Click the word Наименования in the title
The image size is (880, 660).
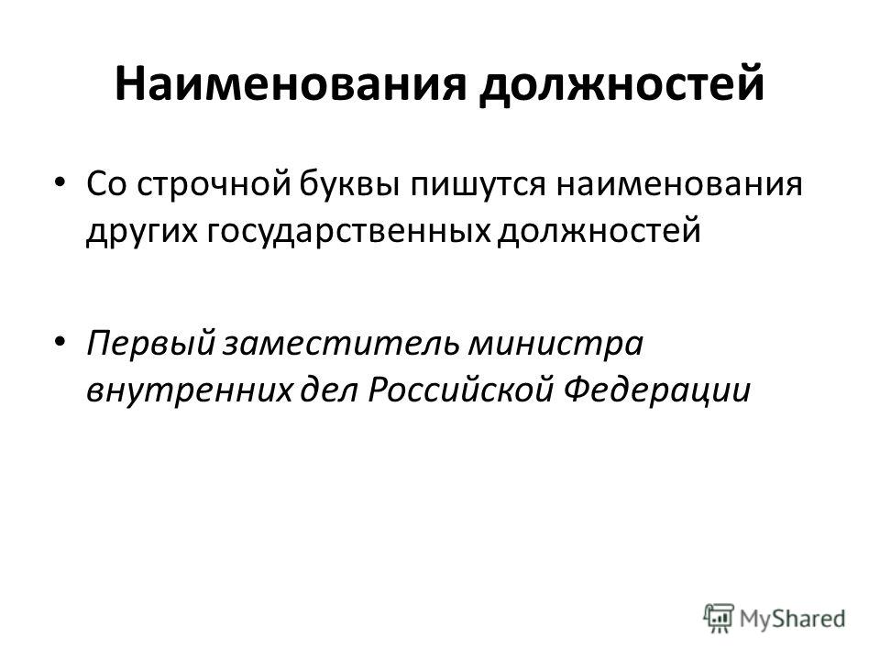click(291, 83)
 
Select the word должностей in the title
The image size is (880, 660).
click(621, 85)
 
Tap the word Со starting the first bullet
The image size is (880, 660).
click(107, 183)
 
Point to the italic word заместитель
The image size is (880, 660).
click(341, 344)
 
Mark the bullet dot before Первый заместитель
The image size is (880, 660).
click(60, 341)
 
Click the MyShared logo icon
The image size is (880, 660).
click(719, 619)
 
